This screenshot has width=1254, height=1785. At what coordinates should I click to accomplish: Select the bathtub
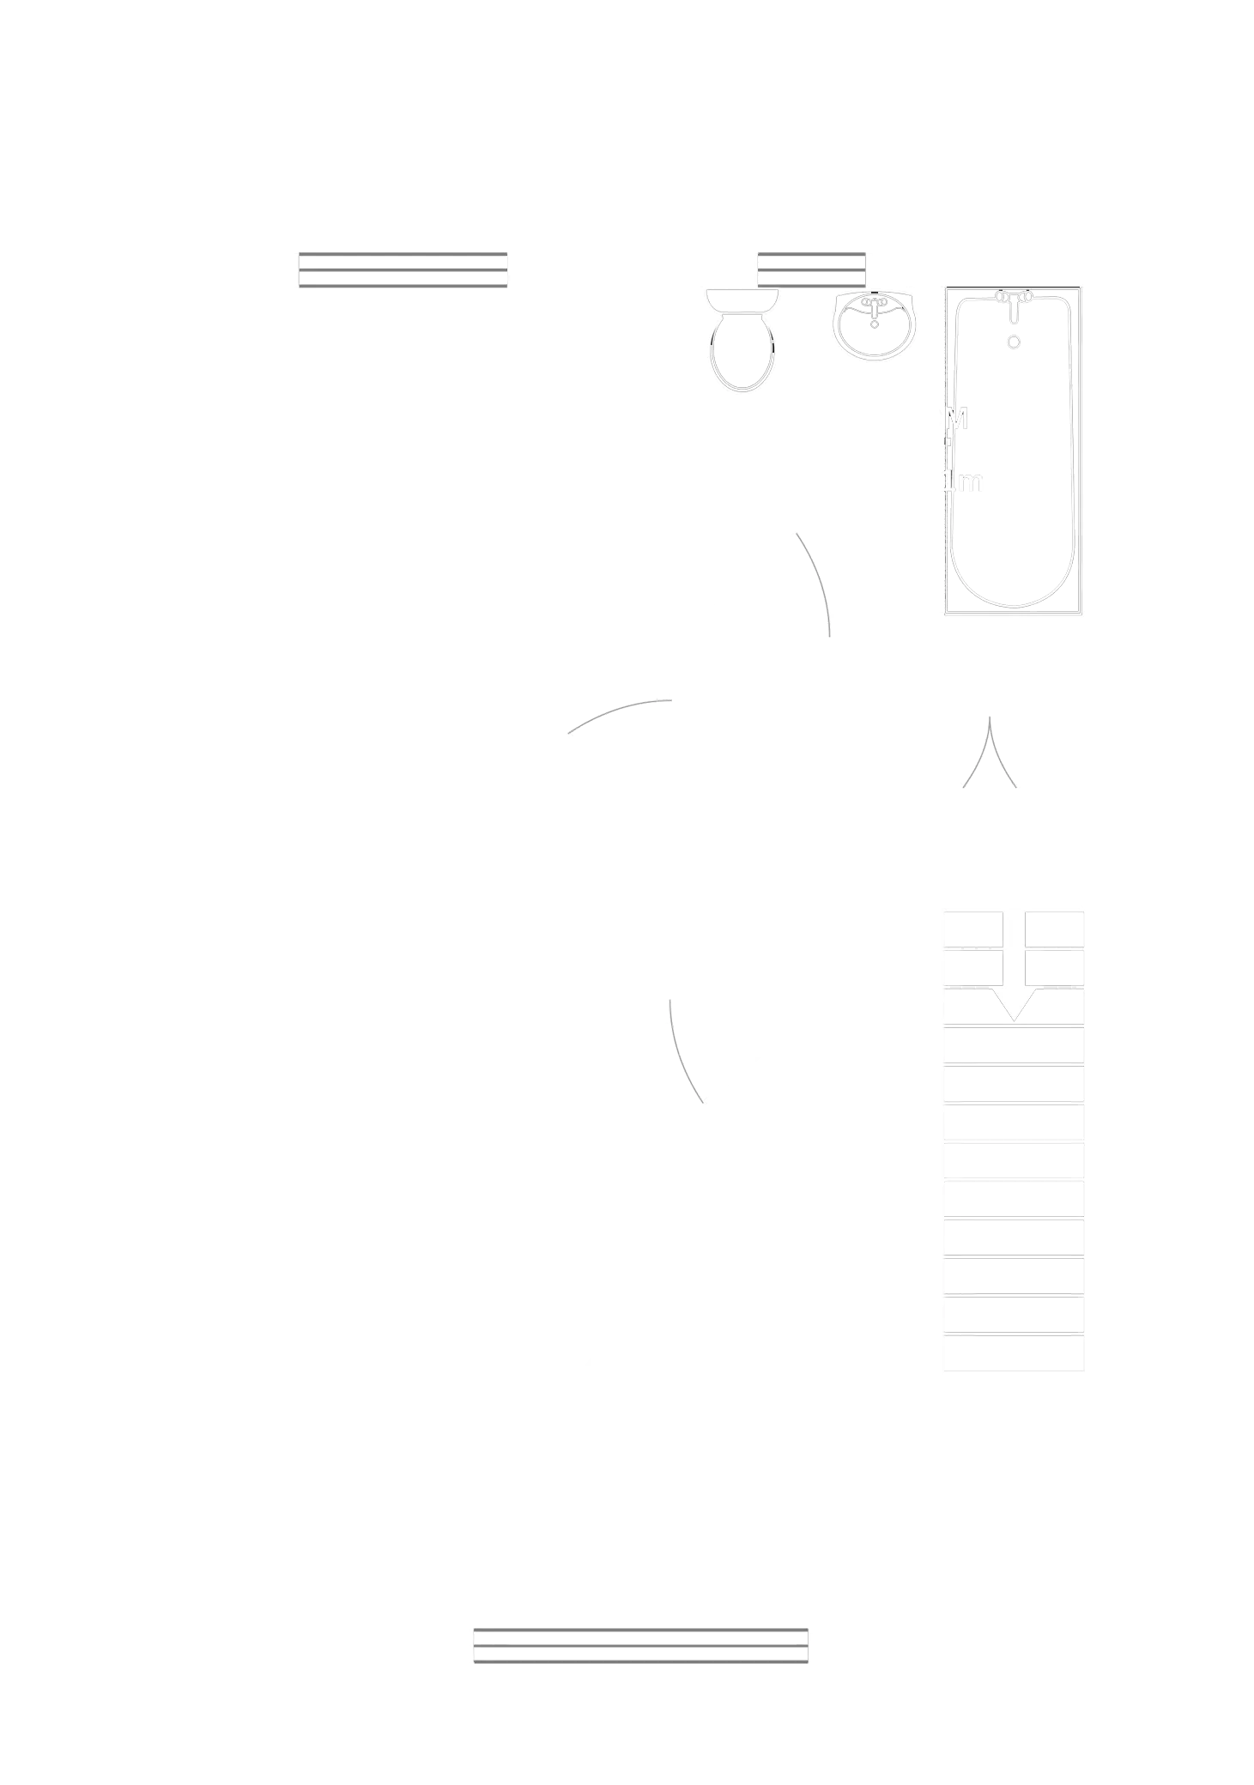tap(1013, 451)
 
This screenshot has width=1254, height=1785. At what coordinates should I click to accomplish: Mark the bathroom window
tap(811, 267)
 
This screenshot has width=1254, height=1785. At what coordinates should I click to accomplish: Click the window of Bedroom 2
tap(402, 267)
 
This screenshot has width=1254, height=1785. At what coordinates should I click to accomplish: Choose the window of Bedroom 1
tap(641, 1649)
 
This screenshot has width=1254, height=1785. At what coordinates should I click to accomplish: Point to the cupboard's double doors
tap(991, 755)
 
